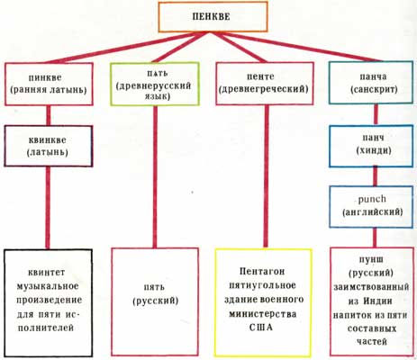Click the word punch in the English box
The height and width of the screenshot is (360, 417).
(x=372, y=199)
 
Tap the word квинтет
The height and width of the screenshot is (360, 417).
(x=47, y=273)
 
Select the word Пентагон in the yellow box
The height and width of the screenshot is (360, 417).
(x=262, y=272)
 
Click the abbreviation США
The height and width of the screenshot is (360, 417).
(x=261, y=327)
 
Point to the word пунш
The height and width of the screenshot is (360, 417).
(x=371, y=260)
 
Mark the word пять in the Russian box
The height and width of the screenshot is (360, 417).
(x=154, y=287)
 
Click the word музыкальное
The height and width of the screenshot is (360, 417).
(x=48, y=286)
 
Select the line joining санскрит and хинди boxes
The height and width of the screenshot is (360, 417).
(x=376, y=115)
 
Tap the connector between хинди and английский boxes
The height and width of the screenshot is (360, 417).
(x=375, y=177)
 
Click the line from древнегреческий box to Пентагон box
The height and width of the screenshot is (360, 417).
(x=266, y=176)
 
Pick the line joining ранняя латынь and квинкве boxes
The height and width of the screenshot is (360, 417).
(x=48, y=116)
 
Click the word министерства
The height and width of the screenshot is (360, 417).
(x=263, y=314)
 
